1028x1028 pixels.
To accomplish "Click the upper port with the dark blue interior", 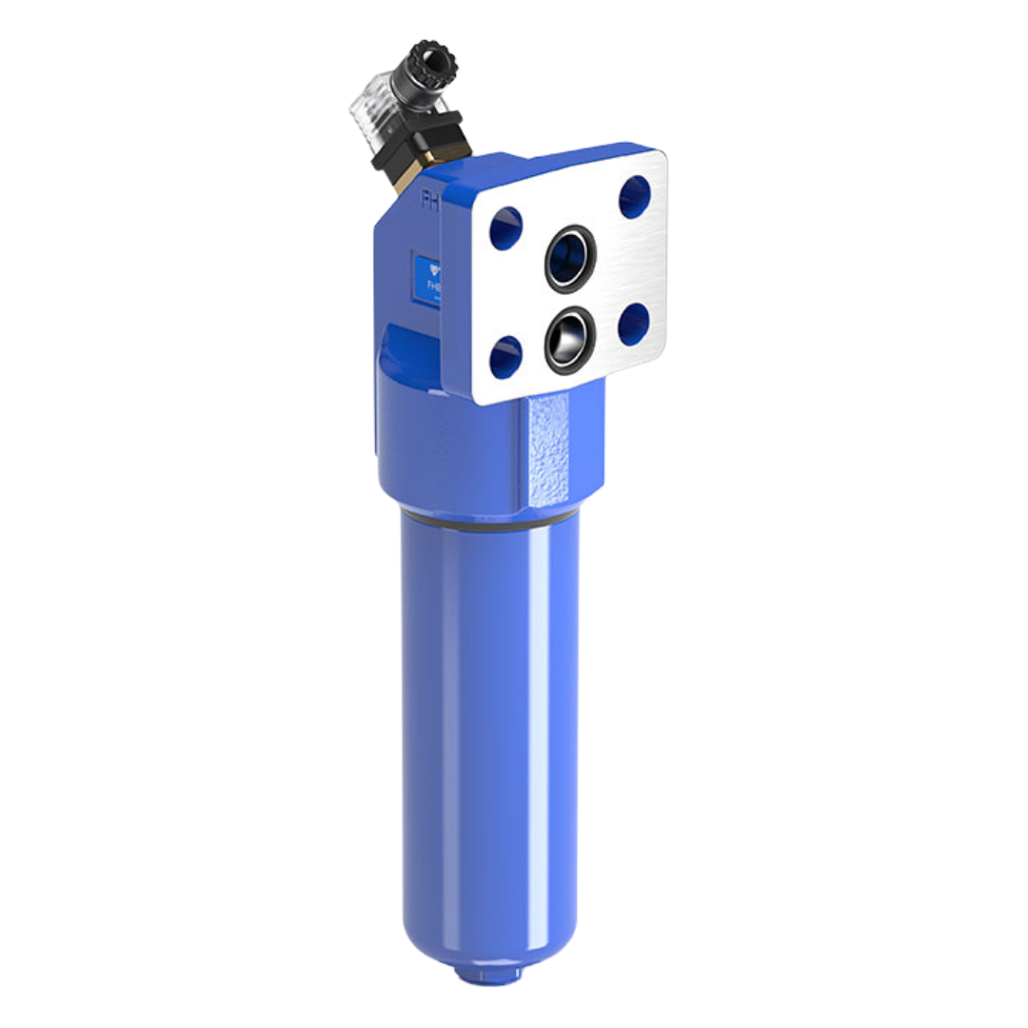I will click(569, 257).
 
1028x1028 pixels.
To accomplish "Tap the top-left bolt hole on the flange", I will click(505, 228).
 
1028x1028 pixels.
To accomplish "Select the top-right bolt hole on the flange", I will click(634, 197).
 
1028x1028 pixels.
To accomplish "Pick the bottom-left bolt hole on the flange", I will click(505, 357).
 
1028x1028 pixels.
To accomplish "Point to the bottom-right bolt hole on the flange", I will click(633, 325).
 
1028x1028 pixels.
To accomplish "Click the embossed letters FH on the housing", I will click(431, 199).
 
